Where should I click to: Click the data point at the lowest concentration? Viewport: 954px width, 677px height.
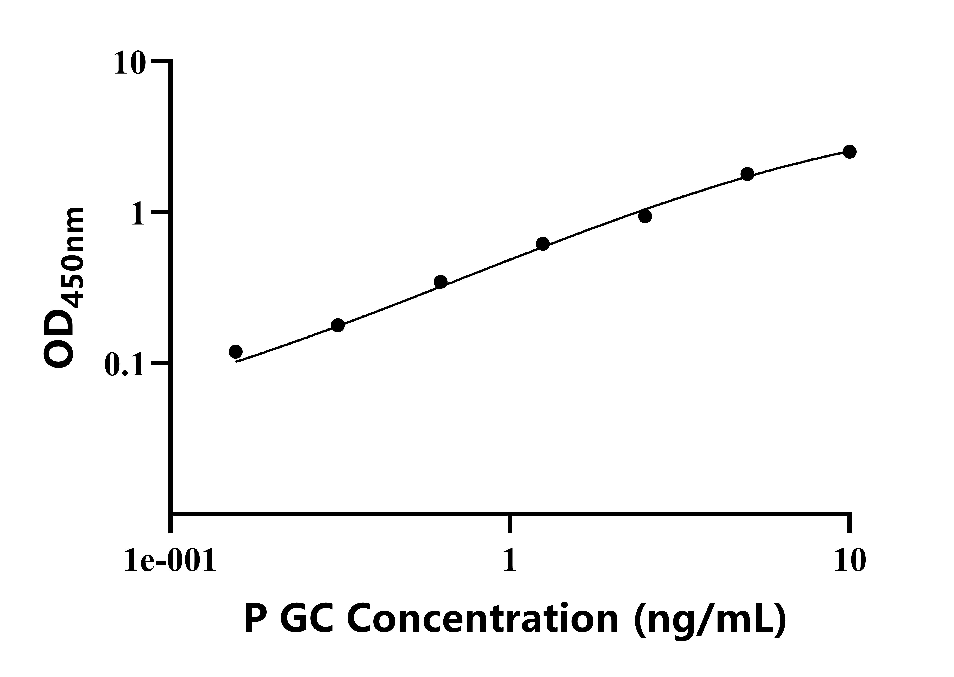236,351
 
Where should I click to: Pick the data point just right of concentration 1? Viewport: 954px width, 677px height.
543,244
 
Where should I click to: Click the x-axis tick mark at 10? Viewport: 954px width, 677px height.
848,523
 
